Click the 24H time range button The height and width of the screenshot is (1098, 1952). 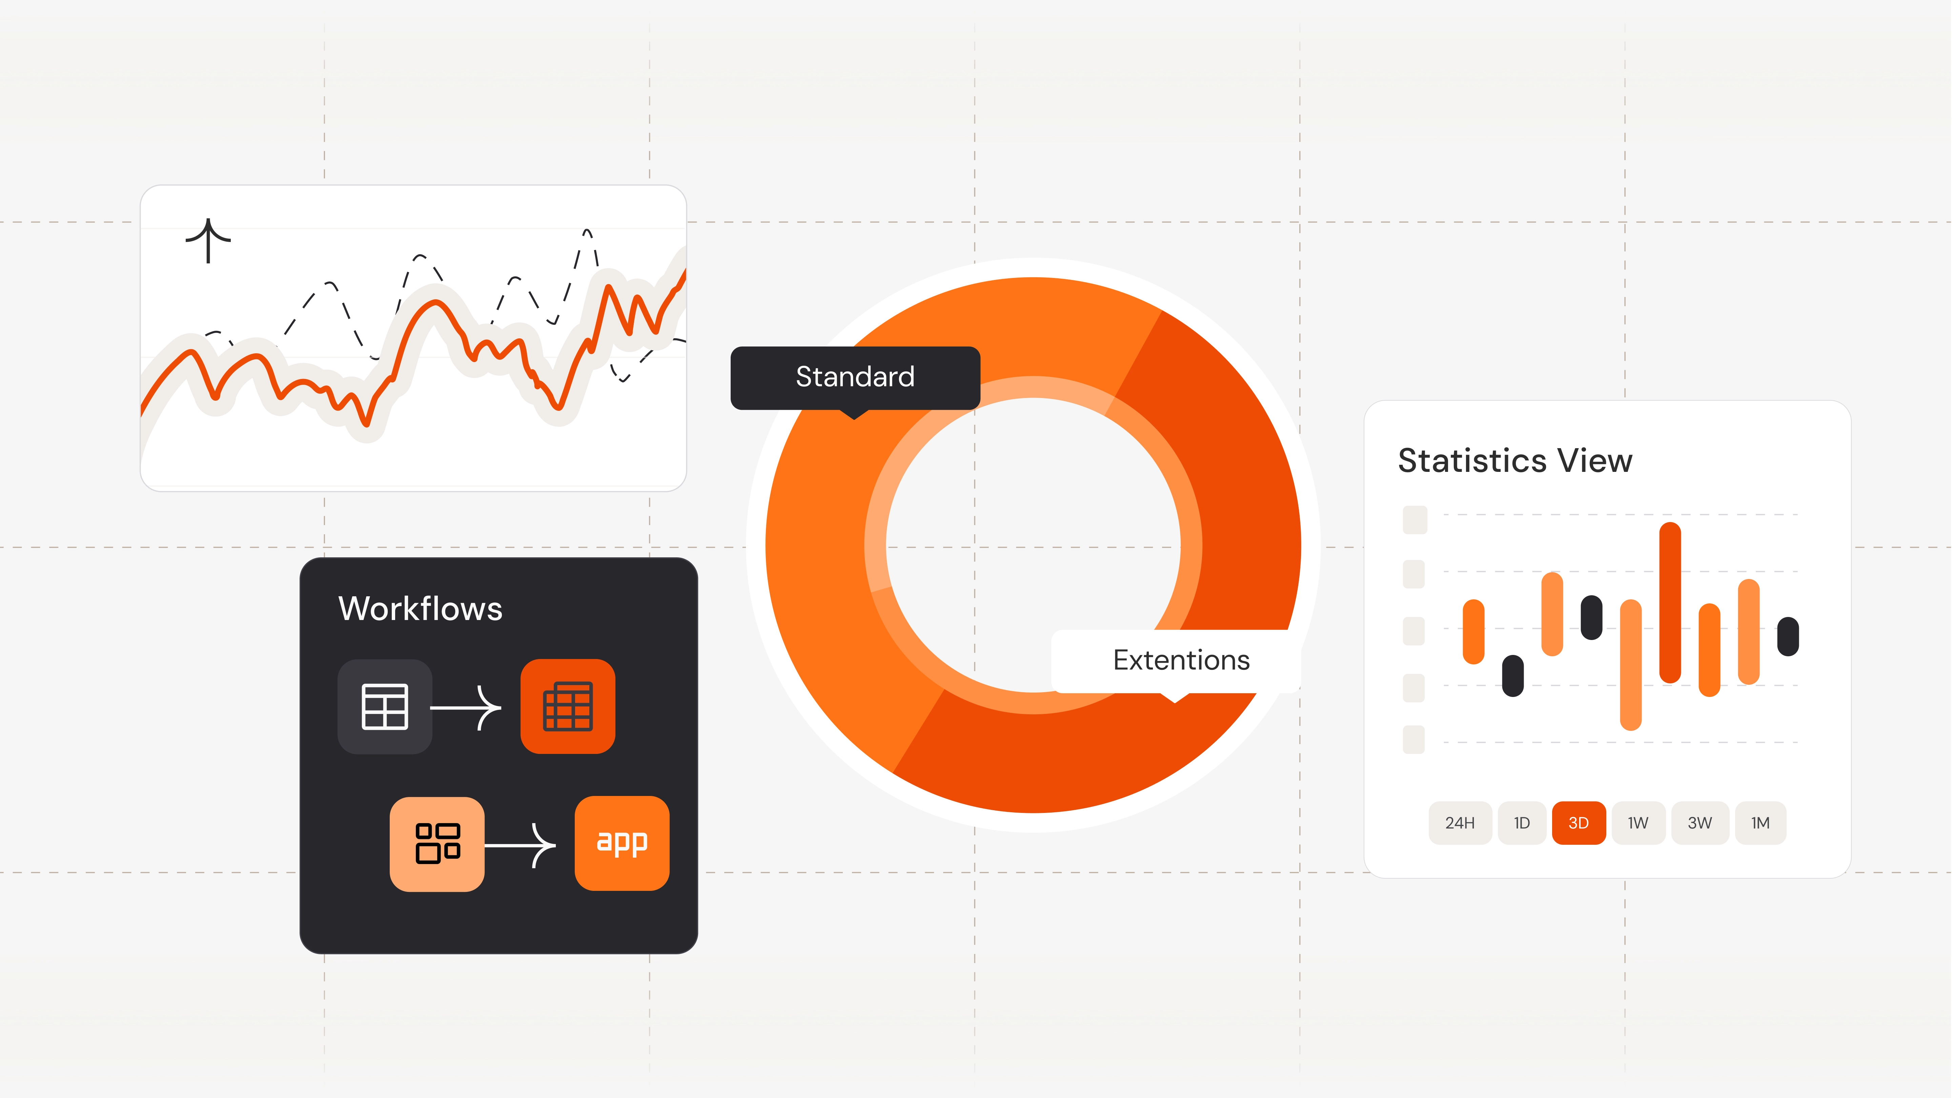click(x=1460, y=823)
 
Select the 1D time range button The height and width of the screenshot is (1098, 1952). click(x=1522, y=823)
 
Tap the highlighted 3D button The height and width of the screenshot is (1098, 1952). click(x=1579, y=823)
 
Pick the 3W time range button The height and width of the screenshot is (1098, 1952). click(x=1700, y=823)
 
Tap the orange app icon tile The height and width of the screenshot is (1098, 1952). click(x=622, y=843)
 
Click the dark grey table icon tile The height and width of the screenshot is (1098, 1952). click(x=385, y=706)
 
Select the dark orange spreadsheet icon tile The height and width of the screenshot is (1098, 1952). click(x=568, y=706)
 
